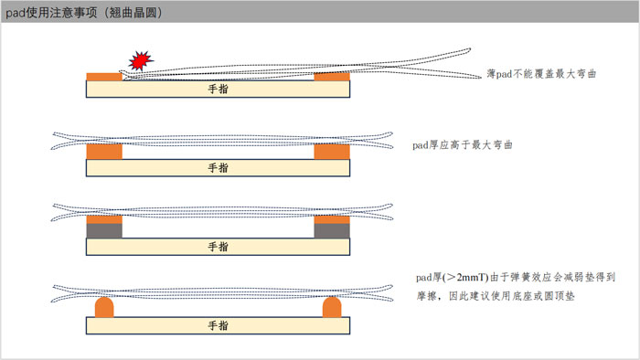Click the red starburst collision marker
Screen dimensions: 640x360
[140, 61]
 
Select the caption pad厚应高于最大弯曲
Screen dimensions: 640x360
[462, 144]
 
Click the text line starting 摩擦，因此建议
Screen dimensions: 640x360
[494, 297]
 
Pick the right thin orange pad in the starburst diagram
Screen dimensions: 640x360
[331, 77]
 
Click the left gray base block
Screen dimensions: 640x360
[103, 231]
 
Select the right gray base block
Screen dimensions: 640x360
[331, 231]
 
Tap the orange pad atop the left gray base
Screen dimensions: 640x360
[103, 219]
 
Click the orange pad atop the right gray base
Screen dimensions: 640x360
[331, 219]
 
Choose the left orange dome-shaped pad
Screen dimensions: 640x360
[103, 308]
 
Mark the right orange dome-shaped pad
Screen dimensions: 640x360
[331, 308]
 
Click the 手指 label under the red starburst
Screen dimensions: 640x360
[218, 90]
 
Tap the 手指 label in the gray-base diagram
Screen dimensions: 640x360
[218, 247]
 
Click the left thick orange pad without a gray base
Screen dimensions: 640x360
[103, 152]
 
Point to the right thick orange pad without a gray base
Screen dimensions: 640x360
[331, 152]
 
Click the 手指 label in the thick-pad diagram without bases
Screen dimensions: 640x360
[218, 167]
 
